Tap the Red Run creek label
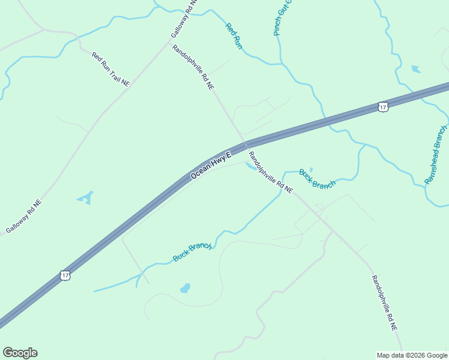point(234,36)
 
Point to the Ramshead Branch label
point(436,155)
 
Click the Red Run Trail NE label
point(110,70)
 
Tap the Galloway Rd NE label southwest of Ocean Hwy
point(24,217)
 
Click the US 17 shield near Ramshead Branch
point(384,107)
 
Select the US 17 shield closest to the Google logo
point(65,275)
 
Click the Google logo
point(20,353)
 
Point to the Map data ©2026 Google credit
point(412,355)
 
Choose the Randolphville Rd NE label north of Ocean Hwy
point(193,67)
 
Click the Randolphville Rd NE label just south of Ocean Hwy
point(270,172)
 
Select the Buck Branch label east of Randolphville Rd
point(317,179)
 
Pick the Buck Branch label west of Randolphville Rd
point(192,251)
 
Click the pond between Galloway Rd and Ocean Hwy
point(86,197)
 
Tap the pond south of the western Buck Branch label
point(185,289)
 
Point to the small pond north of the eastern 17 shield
point(416,69)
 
